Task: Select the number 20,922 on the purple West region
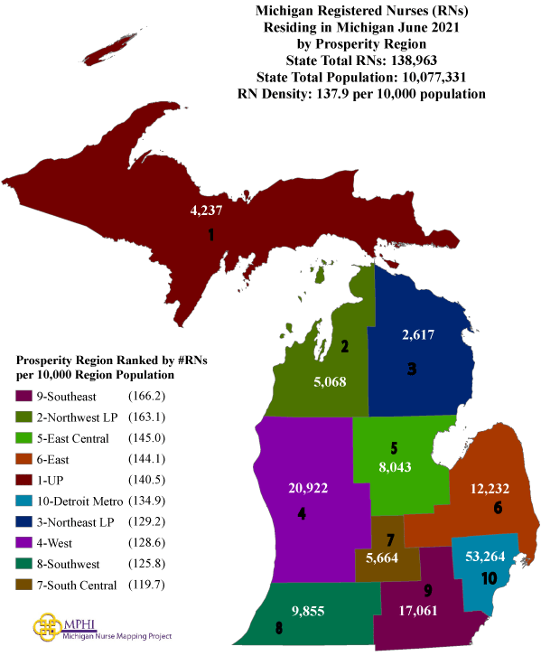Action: click(308, 489)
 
